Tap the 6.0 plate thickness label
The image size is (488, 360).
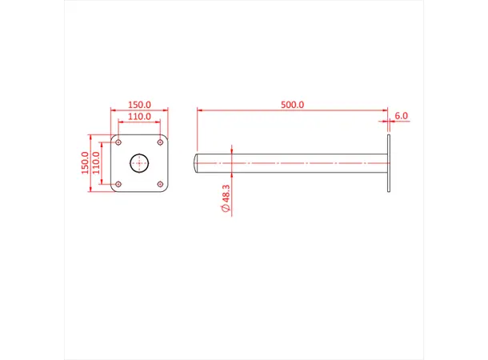(401, 115)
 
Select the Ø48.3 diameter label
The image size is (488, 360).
(226, 197)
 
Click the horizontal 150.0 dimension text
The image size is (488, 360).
(139, 105)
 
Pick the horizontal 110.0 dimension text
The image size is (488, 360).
(139, 117)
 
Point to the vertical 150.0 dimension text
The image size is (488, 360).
(84, 162)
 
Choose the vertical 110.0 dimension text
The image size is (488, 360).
(97, 163)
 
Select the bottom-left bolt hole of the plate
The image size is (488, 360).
(118, 185)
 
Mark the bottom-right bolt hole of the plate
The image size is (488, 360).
(162, 185)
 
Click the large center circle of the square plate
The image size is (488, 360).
(140, 163)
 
